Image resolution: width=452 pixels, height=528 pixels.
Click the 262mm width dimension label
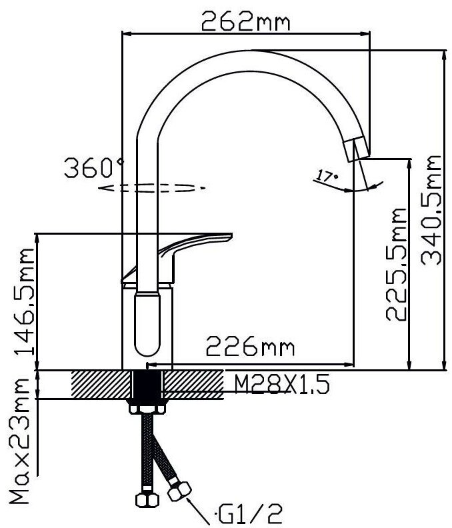click(x=245, y=21)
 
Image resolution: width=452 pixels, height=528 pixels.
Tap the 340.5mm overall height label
click(x=431, y=210)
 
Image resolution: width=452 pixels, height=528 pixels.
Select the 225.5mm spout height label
click(x=396, y=264)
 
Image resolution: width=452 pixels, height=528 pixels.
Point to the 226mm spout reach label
click(x=250, y=346)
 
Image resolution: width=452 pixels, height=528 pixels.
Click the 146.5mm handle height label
click(x=24, y=301)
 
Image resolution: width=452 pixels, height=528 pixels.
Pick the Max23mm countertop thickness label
click(x=19, y=441)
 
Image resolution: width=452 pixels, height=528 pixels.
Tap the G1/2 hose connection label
click(x=248, y=514)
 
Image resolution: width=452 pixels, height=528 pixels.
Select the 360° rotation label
click(x=94, y=167)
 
